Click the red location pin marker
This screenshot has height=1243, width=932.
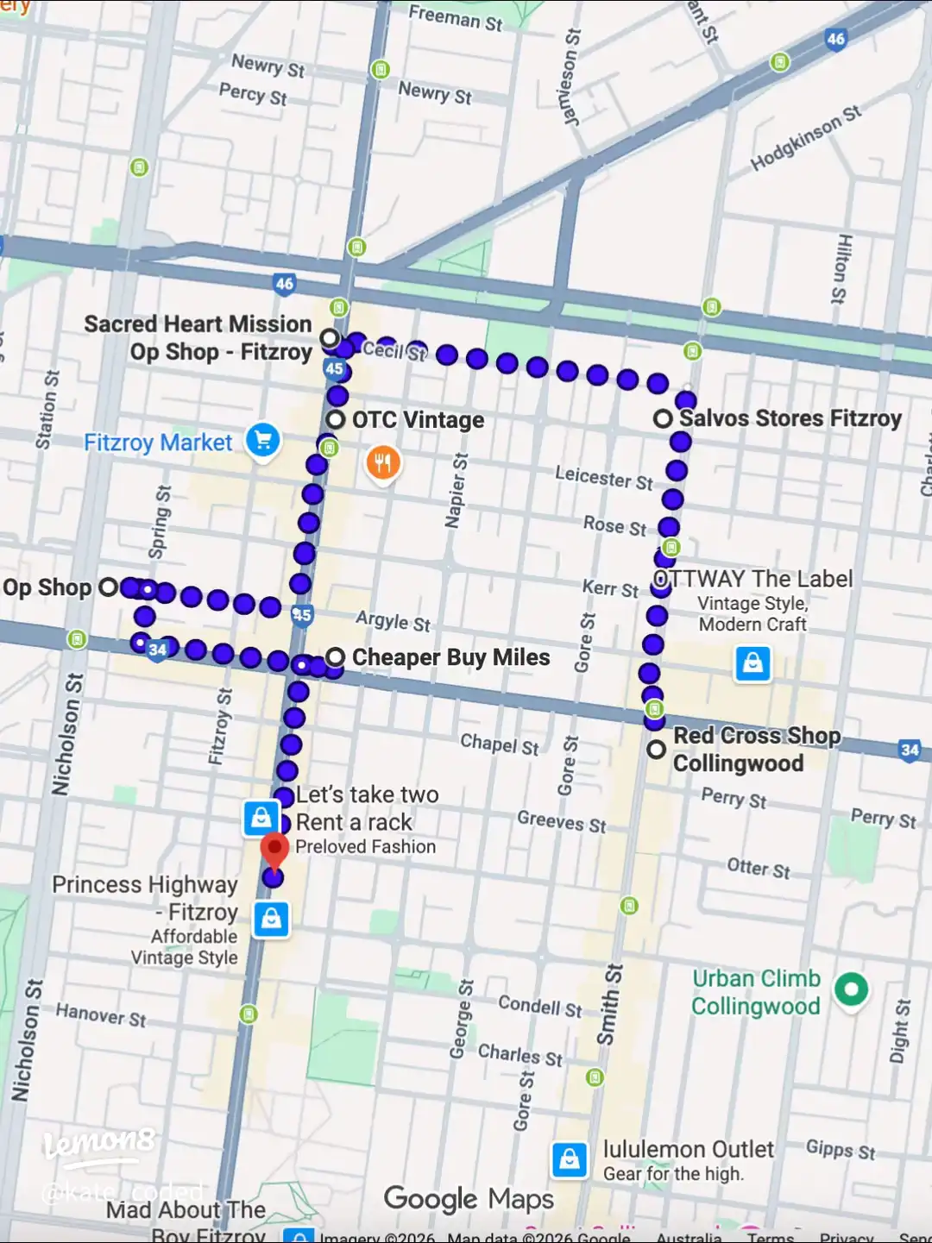[274, 851]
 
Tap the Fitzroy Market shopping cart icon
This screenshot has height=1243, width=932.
[263, 441]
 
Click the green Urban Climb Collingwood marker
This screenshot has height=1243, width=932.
[851, 989]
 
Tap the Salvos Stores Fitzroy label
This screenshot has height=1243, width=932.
[790, 418]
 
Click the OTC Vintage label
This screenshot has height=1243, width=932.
[418, 420]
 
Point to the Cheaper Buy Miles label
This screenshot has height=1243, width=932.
[450, 657]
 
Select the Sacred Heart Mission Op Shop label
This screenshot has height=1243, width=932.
[198, 338]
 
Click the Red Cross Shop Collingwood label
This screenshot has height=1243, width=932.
[756, 749]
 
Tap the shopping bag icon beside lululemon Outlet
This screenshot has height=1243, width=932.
[570, 1160]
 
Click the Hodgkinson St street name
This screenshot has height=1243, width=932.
[805, 138]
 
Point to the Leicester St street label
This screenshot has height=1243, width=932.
[603, 477]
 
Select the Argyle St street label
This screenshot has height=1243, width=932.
[393, 620]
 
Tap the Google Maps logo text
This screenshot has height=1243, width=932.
[469, 1198]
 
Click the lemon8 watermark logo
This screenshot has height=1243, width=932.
[99, 1145]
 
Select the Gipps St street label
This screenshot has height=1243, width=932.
[840, 1149]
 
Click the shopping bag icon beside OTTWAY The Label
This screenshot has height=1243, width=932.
[753, 663]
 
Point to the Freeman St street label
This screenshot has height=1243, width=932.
[455, 17]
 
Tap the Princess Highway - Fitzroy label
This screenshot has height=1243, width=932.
[145, 898]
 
